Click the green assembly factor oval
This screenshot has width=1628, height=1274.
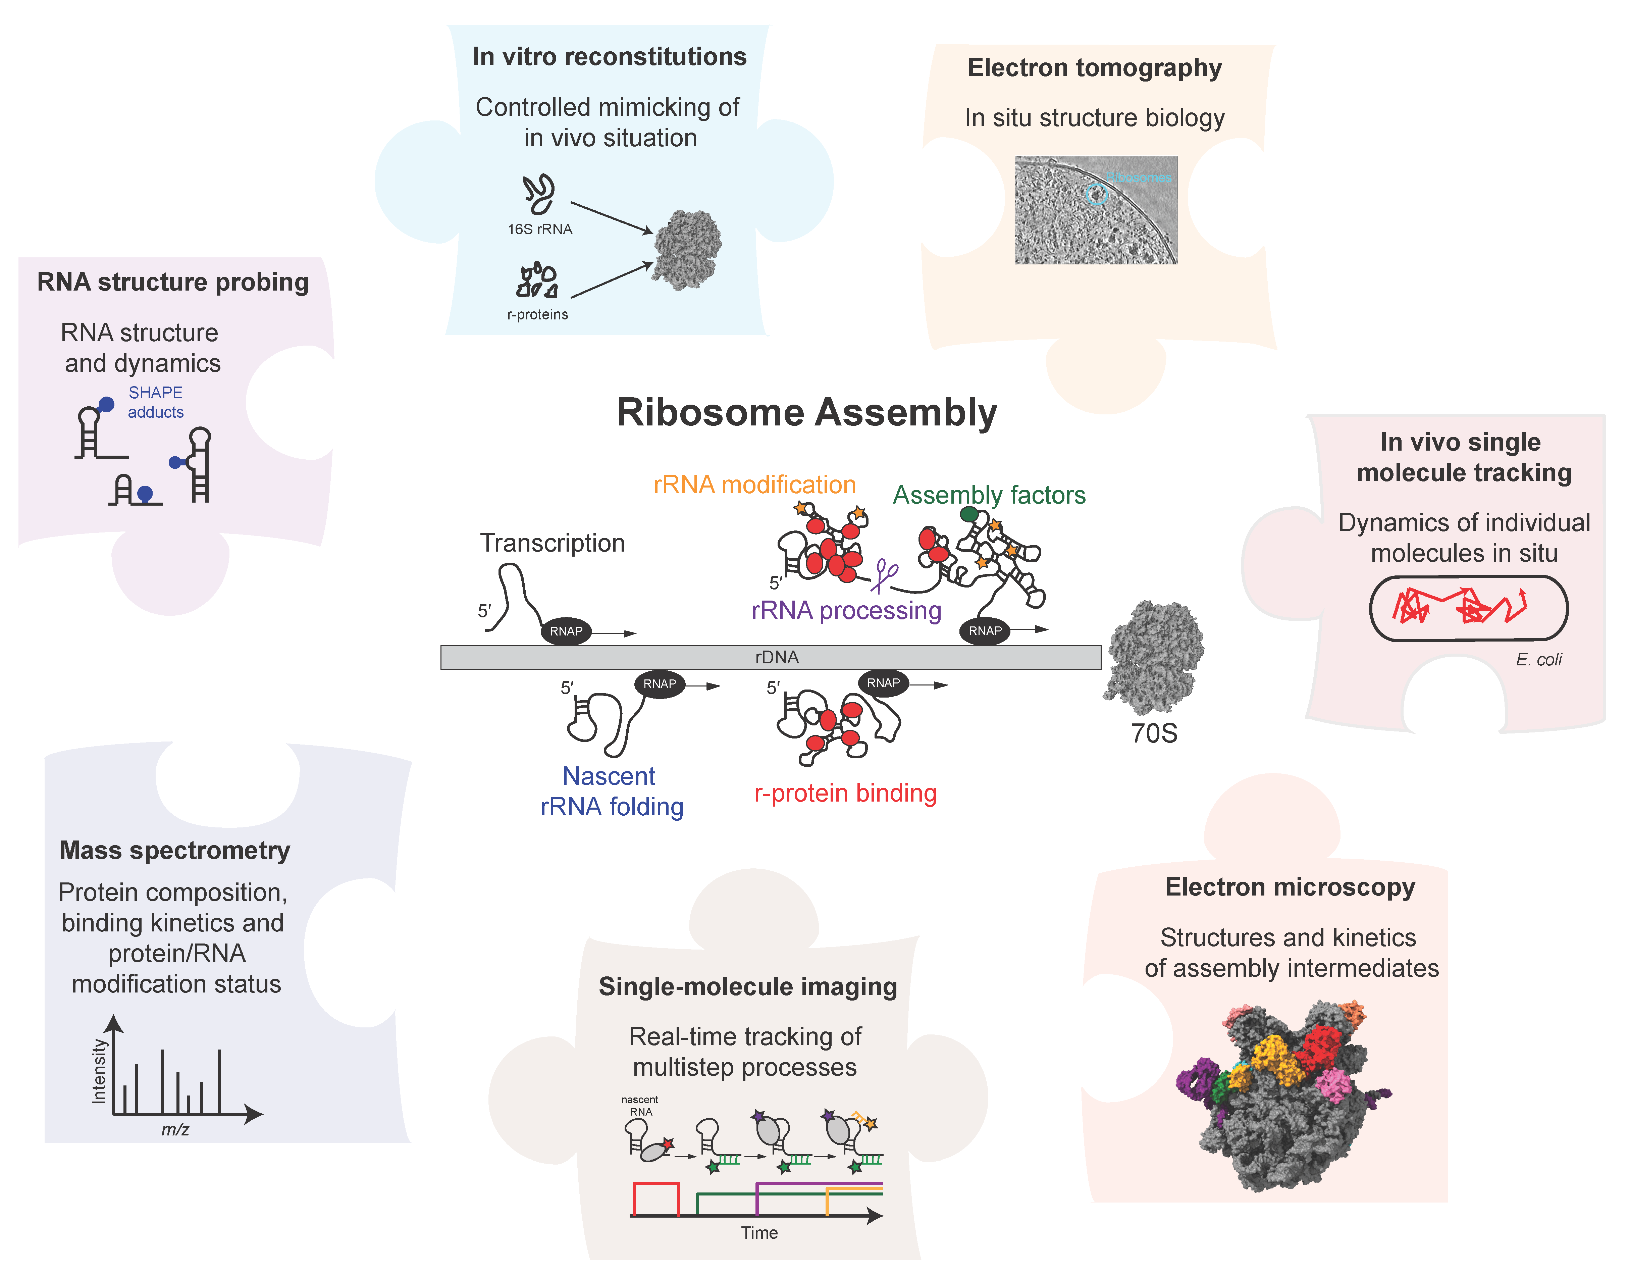[969, 514]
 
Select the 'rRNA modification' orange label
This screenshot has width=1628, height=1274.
[754, 485]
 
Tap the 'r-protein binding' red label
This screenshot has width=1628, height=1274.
[845, 793]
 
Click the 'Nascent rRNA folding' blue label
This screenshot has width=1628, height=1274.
[611, 792]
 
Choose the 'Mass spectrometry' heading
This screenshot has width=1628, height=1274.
[174, 850]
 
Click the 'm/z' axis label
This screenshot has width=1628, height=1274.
[175, 1129]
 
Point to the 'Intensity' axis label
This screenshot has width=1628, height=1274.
[98, 1071]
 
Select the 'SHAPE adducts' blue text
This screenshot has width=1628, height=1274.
[155, 402]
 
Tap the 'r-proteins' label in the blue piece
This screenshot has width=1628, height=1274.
[537, 315]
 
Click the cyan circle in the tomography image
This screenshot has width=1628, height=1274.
[1096, 195]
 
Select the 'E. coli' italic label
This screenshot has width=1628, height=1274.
[1538, 659]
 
